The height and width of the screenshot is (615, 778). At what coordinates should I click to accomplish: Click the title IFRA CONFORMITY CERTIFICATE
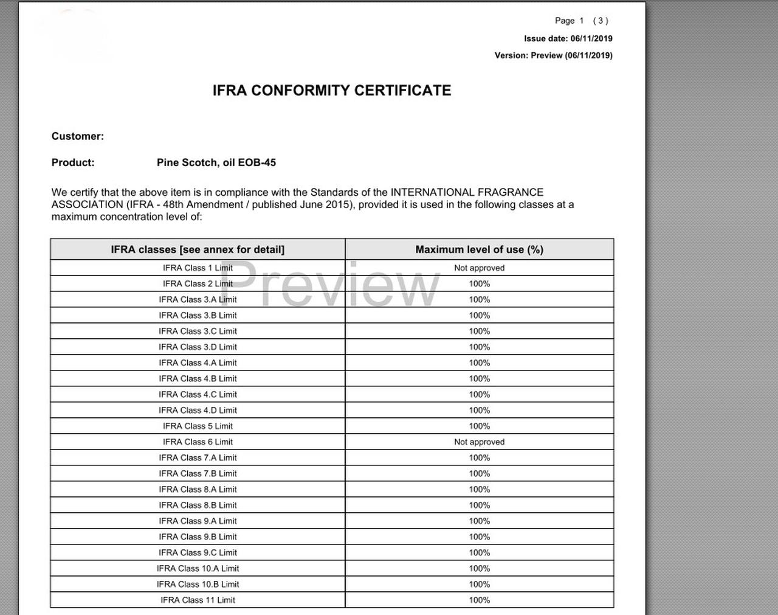tap(332, 91)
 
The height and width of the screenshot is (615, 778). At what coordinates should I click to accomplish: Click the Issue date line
tap(568, 38)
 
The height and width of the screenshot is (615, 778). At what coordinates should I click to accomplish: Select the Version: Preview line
tap(553, 55)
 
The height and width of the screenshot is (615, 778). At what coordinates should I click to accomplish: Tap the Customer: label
tap(78, 136)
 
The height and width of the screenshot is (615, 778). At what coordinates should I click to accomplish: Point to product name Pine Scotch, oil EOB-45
tap(216, 162)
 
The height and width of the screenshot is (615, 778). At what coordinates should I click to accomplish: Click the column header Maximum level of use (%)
tap(479, 249)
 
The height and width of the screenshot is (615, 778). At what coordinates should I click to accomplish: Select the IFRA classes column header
tap(198, 249)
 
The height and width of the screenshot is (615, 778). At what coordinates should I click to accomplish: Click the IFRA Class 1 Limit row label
tap(198, 268)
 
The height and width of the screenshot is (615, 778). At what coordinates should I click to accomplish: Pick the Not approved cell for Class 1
tap(479, 268)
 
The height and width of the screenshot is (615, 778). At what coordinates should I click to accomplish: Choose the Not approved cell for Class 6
tap(479, 442)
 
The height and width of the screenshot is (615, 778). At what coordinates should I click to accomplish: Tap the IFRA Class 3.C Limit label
tap(198, 331)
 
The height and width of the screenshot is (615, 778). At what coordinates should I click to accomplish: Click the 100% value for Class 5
tap(479, 426)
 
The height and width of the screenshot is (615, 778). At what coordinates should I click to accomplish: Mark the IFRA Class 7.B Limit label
tap(198, 473)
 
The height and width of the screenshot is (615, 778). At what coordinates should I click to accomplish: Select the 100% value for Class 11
tap(479, 600)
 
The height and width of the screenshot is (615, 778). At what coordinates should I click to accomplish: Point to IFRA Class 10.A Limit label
tap(198, 568)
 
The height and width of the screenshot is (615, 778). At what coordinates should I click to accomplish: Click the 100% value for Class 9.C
tap(479, 552)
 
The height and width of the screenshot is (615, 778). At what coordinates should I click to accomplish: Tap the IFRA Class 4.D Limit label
tap(198, 410)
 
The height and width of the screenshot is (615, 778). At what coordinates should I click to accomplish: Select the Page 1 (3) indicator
tap(581, 21)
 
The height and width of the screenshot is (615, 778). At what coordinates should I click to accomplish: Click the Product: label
tap(73, 162)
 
